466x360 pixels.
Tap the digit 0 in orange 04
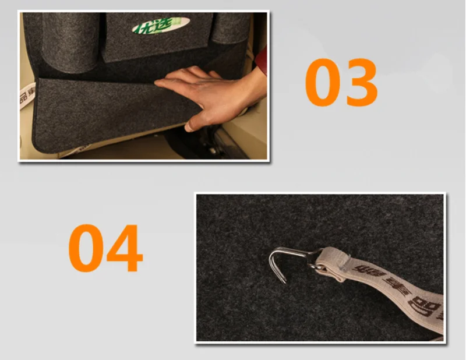coord(87,248)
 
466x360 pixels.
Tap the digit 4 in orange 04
coord(124,248)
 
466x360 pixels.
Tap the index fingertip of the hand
coord(159,83)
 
